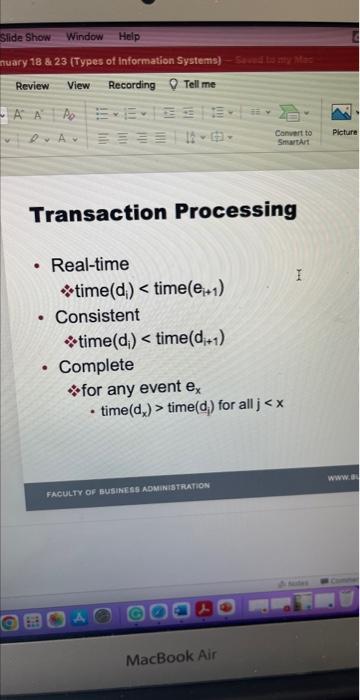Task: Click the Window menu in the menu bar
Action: [x=85, y=37]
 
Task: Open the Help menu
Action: [x=129, y=37]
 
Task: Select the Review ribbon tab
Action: [x=32, y=86]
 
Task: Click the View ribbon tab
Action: [x=78, y=86]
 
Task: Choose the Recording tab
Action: [x=131, y=86]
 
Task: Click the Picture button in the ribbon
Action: [x=343, y=133]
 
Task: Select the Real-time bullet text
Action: [x=90, y=265]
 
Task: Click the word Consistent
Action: [x=97, y=316]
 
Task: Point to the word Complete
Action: [x=96, y=366]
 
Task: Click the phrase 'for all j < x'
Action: [x=251, y=411]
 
